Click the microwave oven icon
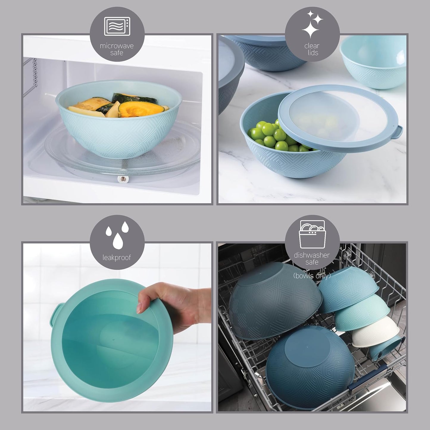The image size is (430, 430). click(117, 26)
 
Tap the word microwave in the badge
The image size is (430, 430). click(117, 46)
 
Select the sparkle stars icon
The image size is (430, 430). click(312, 24)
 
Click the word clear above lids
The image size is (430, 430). click(312, 46)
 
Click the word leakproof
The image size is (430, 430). click(117, 258)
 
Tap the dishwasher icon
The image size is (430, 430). click(312, 234)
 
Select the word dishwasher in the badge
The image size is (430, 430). click(312, 255)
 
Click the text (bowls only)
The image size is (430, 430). click(312, 276)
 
